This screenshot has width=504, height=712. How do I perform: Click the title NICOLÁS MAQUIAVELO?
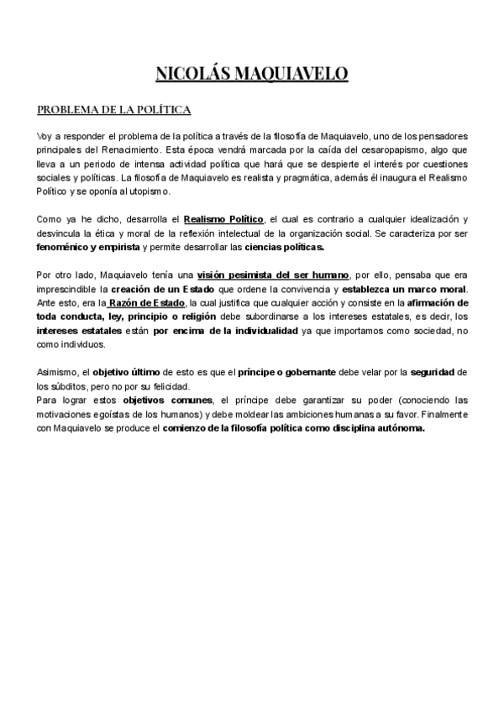[252, 75]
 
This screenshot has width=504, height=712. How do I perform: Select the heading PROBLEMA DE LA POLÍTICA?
[114, 110]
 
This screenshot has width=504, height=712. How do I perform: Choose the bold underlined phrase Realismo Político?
[223, 220]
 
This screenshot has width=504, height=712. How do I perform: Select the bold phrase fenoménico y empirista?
[88, 249]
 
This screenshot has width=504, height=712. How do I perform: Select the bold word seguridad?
[441, 371]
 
